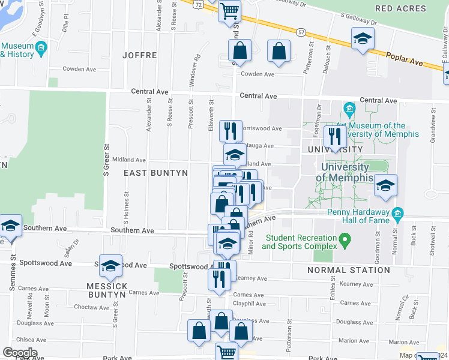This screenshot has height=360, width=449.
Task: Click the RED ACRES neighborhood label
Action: (x=400, y=8)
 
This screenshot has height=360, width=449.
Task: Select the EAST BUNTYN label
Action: (x=156, y=173)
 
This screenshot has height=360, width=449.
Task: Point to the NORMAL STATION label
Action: (x=349, y=270)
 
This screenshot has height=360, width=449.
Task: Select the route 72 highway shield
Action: (x=199, y=3)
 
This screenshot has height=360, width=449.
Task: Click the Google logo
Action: (x=20, y=352)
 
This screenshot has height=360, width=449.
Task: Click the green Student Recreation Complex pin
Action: (x=344, y=242)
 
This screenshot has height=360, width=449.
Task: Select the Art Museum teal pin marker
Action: (x=349, y=109)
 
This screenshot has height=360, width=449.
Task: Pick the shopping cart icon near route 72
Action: (x=229, y=10)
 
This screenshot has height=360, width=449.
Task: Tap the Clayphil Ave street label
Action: (x=249, y=304)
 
